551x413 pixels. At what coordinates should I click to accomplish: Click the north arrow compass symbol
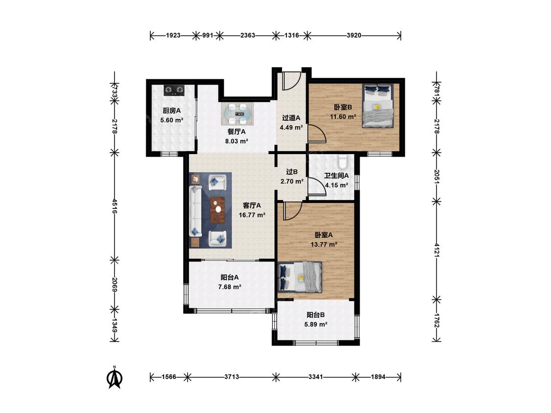pos(114,378)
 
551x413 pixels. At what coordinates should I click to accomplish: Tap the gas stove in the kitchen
pos(174,90)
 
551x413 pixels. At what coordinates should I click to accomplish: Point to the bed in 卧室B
pos(378,106)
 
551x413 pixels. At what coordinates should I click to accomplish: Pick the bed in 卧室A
pos(300,277)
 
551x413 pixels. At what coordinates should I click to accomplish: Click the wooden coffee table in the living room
pos(217,210)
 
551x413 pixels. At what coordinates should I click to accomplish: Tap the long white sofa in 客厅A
pos(195,211)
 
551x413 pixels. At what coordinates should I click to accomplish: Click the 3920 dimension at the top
pos(354,35)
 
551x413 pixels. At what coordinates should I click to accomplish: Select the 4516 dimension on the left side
pos(114,206)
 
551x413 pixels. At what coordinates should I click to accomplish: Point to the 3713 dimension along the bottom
pos(232,377)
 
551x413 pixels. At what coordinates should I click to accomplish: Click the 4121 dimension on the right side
pos(436,250)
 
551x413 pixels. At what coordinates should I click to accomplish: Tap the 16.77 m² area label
pos(252,215)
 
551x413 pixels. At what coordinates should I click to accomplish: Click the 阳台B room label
pos(315,315)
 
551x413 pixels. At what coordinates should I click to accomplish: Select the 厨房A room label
pos(171,111)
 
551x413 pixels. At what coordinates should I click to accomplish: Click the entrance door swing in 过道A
pos(292,80)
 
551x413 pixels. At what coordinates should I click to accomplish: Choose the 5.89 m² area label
pos(316,324)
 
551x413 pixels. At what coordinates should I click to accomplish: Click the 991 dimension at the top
pos(208,35)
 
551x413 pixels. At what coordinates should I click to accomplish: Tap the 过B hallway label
pos(292,172)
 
